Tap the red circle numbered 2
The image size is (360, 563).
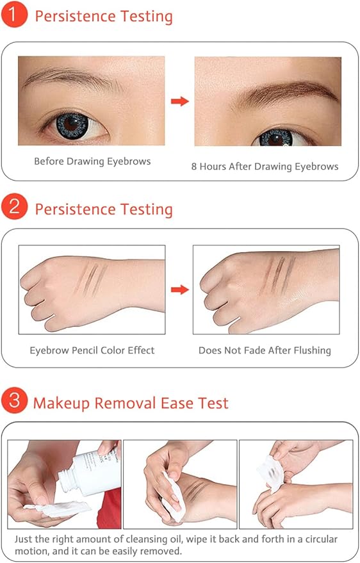pos(13,209)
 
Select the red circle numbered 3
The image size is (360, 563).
pos(13,402)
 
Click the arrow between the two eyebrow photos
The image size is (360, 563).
pos(180,101)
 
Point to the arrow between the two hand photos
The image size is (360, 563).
pos(180,290)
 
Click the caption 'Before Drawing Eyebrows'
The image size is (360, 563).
pos(92,161)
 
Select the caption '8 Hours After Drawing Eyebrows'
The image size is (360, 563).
pos(265,166)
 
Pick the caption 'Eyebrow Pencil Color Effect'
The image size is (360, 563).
pos(92,350)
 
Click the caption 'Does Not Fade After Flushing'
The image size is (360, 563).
pos(265,350)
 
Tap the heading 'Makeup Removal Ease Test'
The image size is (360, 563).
pos(131,403)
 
